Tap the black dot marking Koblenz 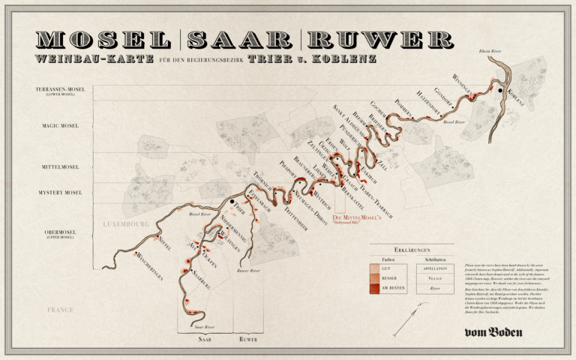[x=499, y=90]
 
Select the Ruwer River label [x=249, y=269]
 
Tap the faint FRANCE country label [x=59, y=309]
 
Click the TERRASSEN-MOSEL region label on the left [x=61, y=91]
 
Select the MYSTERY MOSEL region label [x=61, y=193]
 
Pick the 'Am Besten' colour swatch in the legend [x=375, y=287]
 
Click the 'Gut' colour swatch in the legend [x=375, y=268]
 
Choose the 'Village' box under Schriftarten [x=435, y=277]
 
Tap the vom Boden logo [x=493, y=332]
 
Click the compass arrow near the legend [x=406, y=321]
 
